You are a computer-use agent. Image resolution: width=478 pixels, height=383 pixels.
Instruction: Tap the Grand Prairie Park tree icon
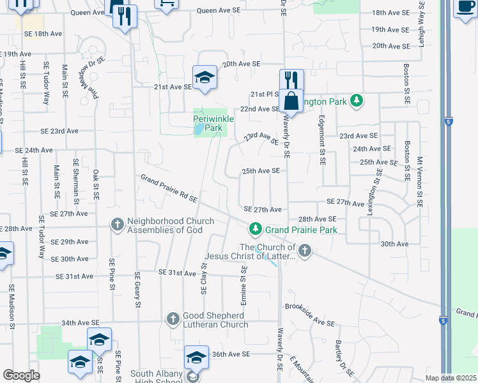click(256, 229)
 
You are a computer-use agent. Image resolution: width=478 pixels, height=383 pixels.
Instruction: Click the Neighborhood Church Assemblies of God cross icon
click(117, 225)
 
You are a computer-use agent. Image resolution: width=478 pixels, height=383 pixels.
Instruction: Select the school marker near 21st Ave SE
click(204, 78)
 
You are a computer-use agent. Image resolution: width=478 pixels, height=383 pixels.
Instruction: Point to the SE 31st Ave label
click(75, 276)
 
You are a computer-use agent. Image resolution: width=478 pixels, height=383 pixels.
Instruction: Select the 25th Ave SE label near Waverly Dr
click(261, 171)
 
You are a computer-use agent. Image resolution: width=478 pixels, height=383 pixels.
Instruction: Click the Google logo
click(21, 375)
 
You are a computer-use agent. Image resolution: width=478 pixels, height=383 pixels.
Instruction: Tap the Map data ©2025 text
click(451, 378)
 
